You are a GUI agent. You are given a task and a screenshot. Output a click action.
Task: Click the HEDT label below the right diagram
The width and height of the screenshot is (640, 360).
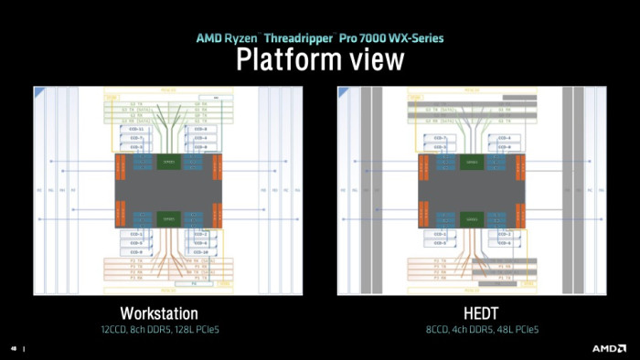(471, 312)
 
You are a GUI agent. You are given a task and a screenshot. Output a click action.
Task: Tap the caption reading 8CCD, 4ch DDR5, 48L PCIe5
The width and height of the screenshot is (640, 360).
(471, 328)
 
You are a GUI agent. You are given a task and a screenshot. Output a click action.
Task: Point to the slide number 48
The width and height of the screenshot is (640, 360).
(14, 348)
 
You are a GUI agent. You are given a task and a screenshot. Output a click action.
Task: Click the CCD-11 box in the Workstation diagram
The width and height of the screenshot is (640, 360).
(136, 129)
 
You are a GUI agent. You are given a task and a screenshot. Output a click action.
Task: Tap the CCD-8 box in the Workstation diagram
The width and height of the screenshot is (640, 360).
(199, 129)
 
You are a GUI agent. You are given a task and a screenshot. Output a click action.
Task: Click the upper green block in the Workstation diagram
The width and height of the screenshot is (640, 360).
(167, 162)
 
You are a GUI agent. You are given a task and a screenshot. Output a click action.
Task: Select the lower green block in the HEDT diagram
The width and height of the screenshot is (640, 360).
(472, 217)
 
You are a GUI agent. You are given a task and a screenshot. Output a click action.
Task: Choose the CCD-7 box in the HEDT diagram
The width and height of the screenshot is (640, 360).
(441, 138)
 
